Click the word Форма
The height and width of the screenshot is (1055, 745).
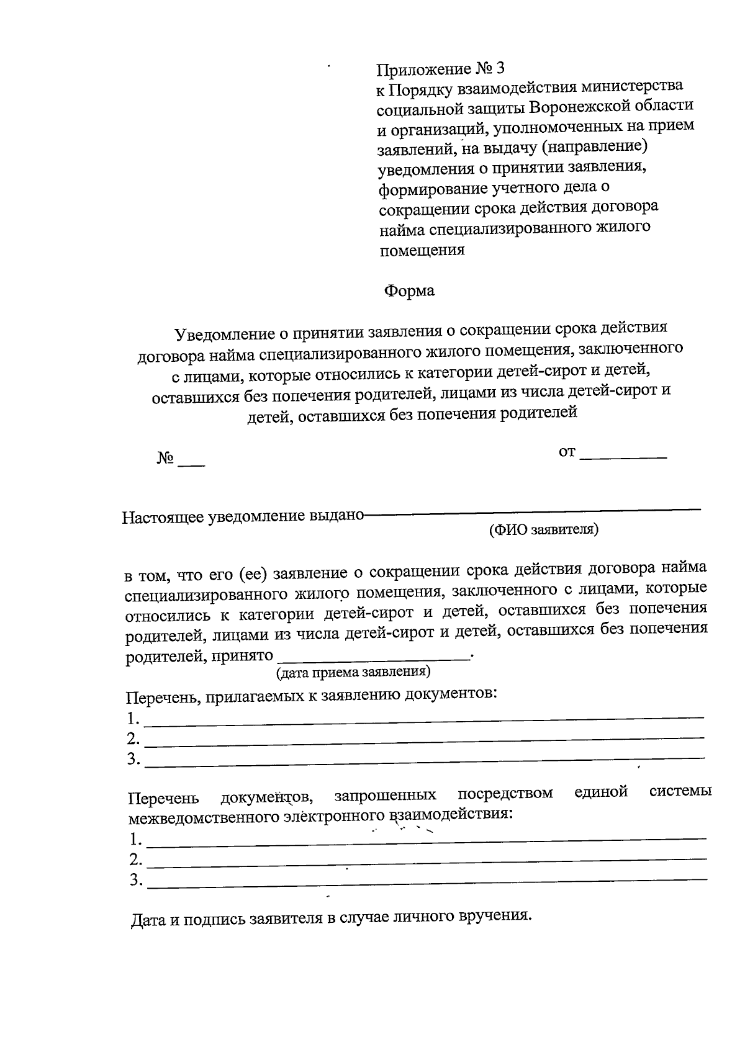click(409, 290)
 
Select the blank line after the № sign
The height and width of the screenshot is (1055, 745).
click(191, 462)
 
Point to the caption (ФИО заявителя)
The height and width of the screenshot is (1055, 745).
click(543, 529)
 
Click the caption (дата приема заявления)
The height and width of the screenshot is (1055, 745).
click(353, 671)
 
